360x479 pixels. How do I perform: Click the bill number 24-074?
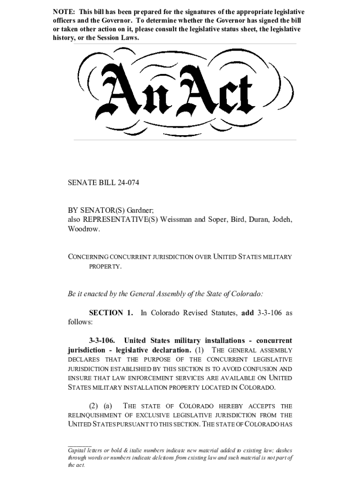[x=127, y=183]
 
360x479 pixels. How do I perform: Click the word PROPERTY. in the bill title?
[x=106, y=266]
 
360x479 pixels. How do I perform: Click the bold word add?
[x=247, y=312]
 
